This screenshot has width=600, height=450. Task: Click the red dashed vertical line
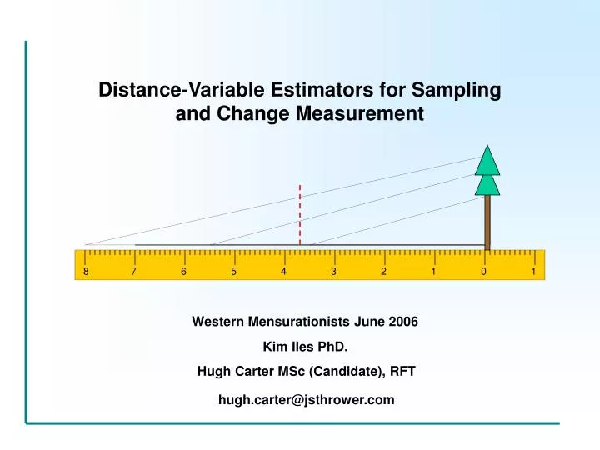(300, 213)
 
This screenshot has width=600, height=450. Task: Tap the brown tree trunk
(487, 221)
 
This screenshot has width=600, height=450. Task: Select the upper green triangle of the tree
(487, 159)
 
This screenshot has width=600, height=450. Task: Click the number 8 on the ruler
(85, 272)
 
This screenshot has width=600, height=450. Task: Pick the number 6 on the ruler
(184, 272)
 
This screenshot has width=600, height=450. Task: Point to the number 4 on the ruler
(284, 272)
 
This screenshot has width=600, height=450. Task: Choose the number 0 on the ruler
(484, 272)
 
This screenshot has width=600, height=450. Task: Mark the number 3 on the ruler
(334, 272)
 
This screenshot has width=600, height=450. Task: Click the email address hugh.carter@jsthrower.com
(306, 400)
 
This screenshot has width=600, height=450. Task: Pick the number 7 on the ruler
(134, 272)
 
